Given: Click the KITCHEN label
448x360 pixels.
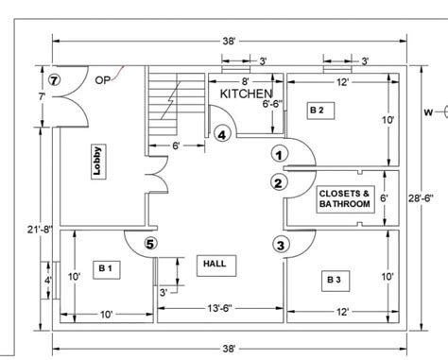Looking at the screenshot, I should click(247, 94).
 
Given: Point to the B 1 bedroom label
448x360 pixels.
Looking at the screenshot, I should click(106, 267).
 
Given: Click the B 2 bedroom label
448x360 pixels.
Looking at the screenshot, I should click(316, 111).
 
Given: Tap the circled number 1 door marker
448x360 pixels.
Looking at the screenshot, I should click(278, 153).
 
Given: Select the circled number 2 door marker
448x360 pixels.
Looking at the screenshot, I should click(278, 182).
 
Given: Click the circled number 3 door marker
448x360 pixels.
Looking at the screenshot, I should click(281, 245).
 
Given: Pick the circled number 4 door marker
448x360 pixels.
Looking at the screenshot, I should click(221, 135).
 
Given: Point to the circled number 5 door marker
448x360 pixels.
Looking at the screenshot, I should click(151, 245).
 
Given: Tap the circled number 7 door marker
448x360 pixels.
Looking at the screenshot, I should click(55, 80).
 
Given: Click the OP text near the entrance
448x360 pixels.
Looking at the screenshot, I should click(101, 80).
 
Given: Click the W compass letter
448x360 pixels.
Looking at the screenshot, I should click(428, 112).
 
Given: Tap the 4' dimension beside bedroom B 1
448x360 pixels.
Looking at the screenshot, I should click(48, 280).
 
